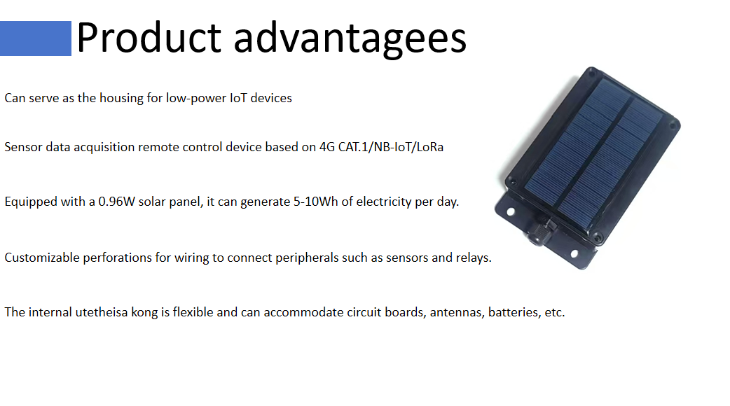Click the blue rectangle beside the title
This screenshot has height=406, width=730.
(36, 38)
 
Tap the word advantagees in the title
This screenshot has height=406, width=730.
(350, 40)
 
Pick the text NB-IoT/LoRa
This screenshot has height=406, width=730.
(408, 147)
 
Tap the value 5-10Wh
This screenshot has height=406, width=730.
(316, 202)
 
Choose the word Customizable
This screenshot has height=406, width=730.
(42, 258)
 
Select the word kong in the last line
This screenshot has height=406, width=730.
(144, 313)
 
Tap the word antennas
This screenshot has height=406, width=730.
(457, 312)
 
